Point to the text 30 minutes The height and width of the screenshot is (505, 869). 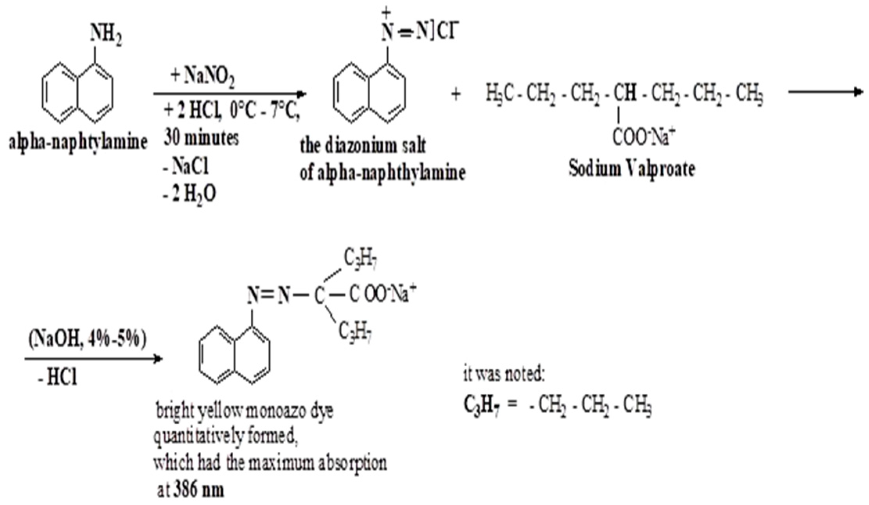pos(201,138)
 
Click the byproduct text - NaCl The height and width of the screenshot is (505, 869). pos(186,166)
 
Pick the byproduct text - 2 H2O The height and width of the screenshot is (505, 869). pos(189,194)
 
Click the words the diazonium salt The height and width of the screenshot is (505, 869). pos(363,146)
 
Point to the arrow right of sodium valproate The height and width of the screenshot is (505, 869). pos(825,92)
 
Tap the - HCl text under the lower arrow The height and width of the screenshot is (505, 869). pos(58,378)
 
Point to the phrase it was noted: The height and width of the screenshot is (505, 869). pos(504,375)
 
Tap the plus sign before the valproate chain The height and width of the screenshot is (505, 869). pos(455,94)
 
